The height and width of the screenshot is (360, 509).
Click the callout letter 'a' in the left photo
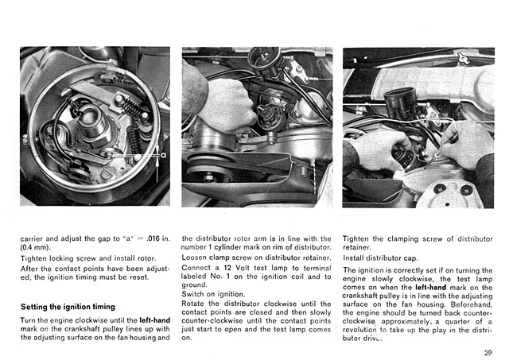[x=163, y=156]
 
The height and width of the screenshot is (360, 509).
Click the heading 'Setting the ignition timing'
[x=68, y=306]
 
